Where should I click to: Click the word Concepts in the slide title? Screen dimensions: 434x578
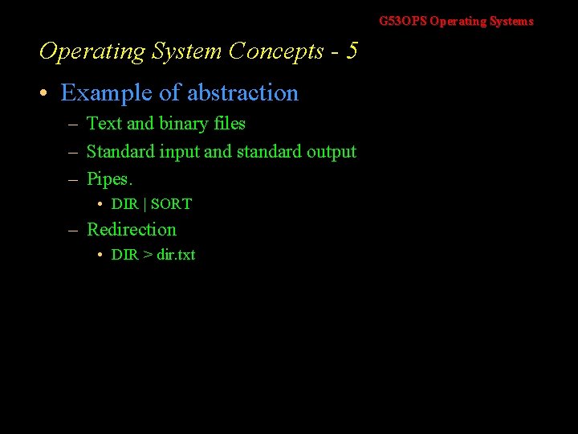click(x=275, y=51)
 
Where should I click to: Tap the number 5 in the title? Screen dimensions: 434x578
click(x=352, y=51)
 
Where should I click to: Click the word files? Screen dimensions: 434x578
click(x=230, y=124)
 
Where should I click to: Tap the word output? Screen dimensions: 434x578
click(x=332, y=152)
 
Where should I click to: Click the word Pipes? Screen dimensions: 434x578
click(x=108, y=178)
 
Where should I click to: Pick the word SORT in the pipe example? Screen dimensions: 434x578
click(x=171, y=204)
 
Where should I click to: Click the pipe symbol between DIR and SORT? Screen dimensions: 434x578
click(x=144, y=204)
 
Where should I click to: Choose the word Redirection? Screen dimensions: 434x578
click(x=131, y=230)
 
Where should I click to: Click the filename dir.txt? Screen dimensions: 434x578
click(x=176, y=255)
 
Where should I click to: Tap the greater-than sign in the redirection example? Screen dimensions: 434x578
click(x=147, y=255)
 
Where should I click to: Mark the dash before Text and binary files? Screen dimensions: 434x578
click(x=72, y=125)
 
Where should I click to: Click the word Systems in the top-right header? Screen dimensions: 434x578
click(x=511, y=22)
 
